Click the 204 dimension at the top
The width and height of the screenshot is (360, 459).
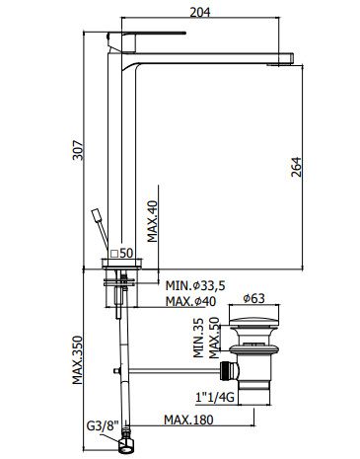click(199, 12)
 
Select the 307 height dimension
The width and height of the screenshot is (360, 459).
click(78, 150)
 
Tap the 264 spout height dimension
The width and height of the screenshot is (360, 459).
click(296, 167)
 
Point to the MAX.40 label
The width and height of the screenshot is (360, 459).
click(152, 221)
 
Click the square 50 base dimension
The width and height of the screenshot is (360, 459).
click(121, 254)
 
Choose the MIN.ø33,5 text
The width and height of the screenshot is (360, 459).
click(195, 285)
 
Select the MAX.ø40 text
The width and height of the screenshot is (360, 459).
click(190, 301)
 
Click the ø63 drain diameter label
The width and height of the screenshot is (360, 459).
click(253, 298)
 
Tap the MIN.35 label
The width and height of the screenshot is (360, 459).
click(198, 338)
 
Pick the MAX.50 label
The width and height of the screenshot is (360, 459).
click(214, 338)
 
